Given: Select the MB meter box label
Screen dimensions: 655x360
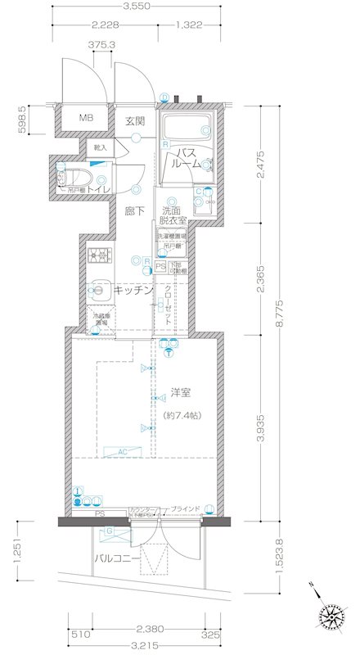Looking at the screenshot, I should pos(86,120).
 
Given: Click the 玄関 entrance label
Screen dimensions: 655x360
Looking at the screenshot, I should pos(135,120).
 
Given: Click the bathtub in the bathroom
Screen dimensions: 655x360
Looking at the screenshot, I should pos(187,129).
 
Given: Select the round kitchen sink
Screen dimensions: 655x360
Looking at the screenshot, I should pos(101,288).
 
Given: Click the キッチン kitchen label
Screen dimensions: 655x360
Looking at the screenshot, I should pos(133,290).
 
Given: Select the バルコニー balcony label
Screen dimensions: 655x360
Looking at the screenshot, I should pos(113,558).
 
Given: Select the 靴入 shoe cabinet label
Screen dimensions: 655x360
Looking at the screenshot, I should pos(100,148).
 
